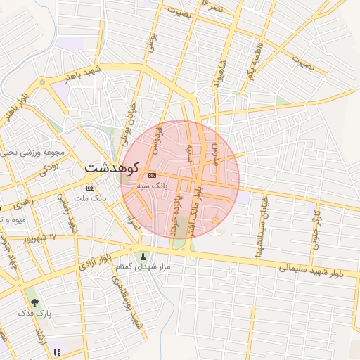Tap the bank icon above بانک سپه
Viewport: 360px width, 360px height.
click(152, 174)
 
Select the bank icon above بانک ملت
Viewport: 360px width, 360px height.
click(90, 188)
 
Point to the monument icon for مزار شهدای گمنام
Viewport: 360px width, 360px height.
click(143, 256)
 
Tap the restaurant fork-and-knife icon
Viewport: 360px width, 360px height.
click(57, 352)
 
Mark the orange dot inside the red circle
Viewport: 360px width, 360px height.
click(215, 221)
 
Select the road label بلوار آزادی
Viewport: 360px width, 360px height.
click(94, 262)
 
